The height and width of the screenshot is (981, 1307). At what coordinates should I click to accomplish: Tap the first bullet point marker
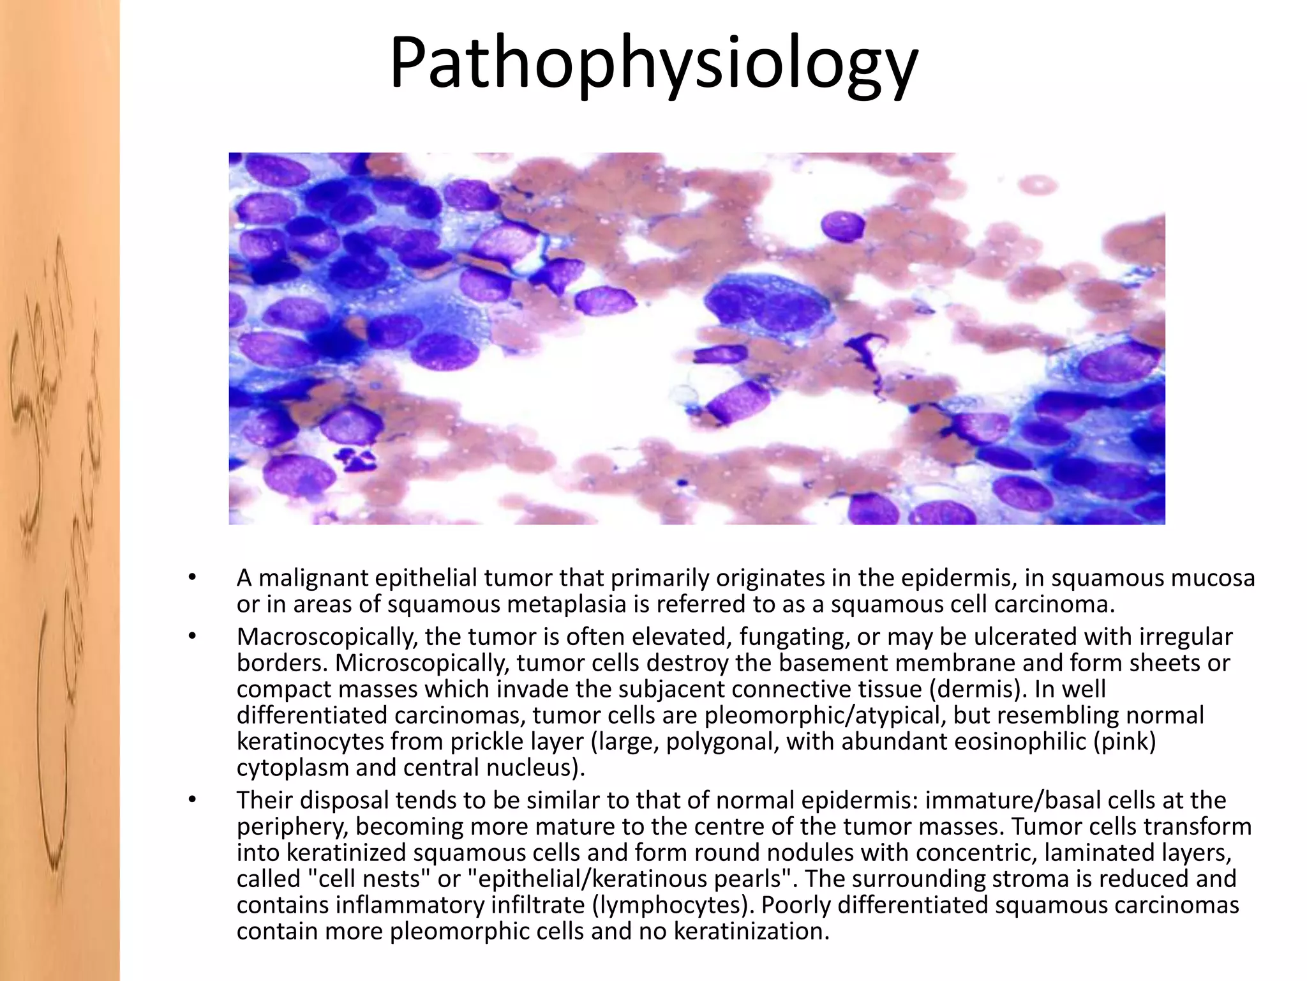(x=192, y=578)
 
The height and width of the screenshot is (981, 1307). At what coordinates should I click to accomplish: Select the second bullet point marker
(x=192, y=637)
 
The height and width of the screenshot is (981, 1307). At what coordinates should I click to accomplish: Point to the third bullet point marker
(x=192, y=800)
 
